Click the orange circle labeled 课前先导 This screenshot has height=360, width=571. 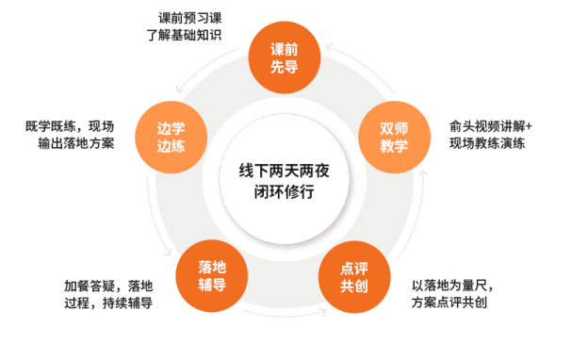pyautogui.click(x=284, y=57)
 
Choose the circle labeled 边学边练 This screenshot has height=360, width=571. pyautogui.click(x=172, y=136)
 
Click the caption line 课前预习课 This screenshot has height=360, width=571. pyautogui.click(x=188, y=18)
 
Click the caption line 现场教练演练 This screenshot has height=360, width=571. pyautogui.click(x=487, y=145)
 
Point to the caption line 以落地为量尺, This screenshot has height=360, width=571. pyautogui.click(x=453, y=286)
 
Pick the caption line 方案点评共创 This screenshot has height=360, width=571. pyautogui.click(x=449, y=303)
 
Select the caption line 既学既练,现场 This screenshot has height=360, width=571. pyautogui.click(x=71, y=126)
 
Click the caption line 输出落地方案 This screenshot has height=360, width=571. pyautogui.click(x=76, y=145)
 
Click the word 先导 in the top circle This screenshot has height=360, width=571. pyautogui.click(x=284, y=66)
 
